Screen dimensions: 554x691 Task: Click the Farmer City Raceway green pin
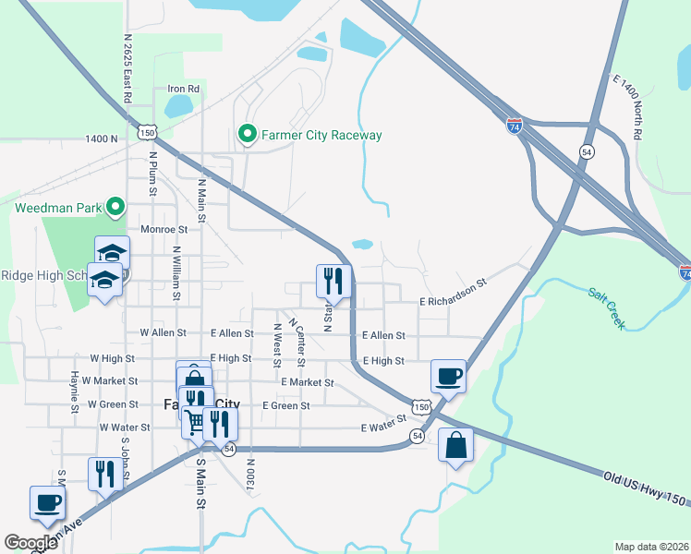[247, 135]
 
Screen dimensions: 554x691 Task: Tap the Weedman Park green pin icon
[115, 207]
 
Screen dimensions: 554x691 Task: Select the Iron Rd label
[183, 89]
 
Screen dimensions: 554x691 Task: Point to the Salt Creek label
[607, 308]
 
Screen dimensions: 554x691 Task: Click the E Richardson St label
[453, 293]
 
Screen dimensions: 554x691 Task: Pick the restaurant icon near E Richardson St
[333, 281]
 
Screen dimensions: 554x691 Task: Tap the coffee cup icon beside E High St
[448, 376]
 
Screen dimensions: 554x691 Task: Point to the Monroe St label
[164, 229]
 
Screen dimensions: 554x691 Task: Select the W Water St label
[118, 428]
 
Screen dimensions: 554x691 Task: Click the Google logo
[30, 543]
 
